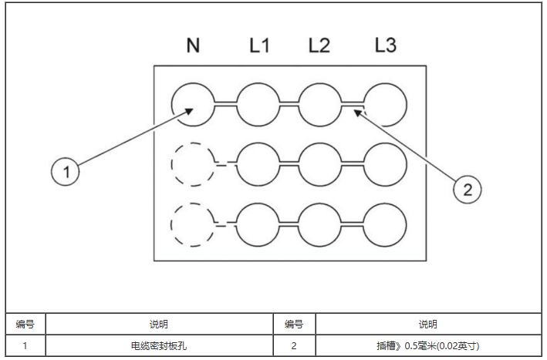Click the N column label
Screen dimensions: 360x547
(193, 45)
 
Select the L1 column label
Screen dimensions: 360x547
(259, 45)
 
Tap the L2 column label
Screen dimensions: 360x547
(319, 45)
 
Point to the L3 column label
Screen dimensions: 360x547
(385, 45)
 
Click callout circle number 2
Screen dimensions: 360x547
(467, 189)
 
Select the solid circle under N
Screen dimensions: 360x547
(193, 104)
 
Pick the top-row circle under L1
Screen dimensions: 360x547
(258, 104)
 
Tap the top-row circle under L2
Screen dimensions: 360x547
(319, 104)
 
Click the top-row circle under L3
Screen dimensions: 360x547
(384, 104)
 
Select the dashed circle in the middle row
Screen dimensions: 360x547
(193, 163)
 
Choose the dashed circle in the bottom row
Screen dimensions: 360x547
(193, 224)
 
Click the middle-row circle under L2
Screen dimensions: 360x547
(319, 163)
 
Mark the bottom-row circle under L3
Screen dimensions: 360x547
(384, 224)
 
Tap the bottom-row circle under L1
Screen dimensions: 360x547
(258, 224)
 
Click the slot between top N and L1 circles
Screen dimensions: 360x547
(225, 104)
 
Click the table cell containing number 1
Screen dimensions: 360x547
(25, 346)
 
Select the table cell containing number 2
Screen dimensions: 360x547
(294, 346)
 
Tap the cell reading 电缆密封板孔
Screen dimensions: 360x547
(159, 346)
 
